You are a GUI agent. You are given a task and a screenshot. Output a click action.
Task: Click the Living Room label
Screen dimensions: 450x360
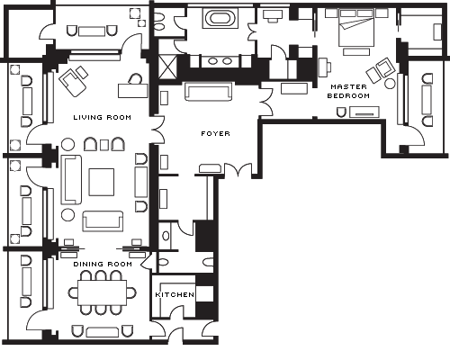click(x=103, y=117)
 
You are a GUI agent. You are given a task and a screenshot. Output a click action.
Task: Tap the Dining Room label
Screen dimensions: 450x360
click(x=103, y=264)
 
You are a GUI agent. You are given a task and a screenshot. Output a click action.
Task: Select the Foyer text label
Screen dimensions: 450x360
click(x=215, y=133)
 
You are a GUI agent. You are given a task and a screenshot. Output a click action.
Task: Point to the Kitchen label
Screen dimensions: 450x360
click(x=175, y=294)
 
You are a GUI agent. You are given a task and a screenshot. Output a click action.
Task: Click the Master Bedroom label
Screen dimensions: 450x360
click(x=348, y=91)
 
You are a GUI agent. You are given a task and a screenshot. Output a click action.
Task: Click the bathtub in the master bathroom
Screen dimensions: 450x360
click(x=220, y=18)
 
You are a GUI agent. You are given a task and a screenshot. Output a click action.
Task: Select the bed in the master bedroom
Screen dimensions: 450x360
click(x=356, y=28)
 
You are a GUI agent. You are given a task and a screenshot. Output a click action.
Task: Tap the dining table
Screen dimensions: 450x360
click(x=103, y=292)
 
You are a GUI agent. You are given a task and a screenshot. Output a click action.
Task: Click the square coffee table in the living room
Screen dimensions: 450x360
click(x=102, y=182)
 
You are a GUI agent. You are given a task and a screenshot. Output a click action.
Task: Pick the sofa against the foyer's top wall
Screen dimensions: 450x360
click(x=209, y=91)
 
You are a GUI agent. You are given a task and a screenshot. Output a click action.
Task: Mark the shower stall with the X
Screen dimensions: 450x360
click(x=166, y=67)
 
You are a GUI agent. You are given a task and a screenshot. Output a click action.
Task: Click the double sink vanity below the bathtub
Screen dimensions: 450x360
click(x=220, y=61)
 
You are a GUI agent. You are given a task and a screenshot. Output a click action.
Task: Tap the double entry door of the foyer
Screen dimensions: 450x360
click(x=238, y=170)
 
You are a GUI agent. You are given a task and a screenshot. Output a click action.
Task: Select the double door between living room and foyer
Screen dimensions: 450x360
click(x=158, y=130)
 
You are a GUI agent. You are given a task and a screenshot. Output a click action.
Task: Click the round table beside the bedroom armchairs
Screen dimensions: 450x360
click(x=390, y=83)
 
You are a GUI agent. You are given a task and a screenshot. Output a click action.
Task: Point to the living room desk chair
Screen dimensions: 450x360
click(x=135, y=79)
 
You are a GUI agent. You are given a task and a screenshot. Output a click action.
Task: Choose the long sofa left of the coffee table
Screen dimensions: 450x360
click(x=71, y=180)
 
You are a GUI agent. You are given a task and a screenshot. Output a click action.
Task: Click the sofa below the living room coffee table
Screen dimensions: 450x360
click(x=103, y=221)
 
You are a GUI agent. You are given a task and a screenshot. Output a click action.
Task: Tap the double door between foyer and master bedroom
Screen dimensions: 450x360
click(x=266, y=101)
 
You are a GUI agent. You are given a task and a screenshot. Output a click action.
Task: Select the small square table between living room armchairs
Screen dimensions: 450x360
click(x=104, y=145)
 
